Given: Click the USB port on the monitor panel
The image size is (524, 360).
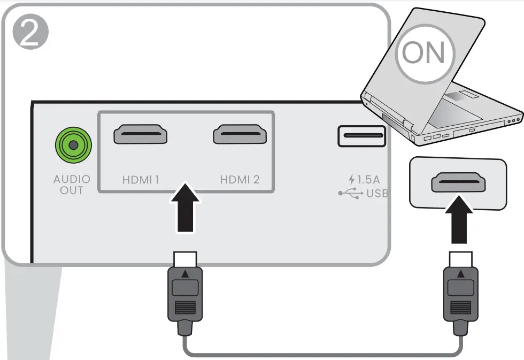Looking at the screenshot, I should coord(361,136).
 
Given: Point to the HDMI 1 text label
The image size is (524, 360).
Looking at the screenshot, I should coord(141,180).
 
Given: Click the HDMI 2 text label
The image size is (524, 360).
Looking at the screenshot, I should coord(240,180).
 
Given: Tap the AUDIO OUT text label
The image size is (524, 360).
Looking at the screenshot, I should coord(72,185).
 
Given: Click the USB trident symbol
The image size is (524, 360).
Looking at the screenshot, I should coord(350,193).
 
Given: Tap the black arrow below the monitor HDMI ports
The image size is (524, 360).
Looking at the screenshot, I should coord(186,208).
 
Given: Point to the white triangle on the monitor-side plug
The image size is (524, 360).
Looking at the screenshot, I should coord(186,273).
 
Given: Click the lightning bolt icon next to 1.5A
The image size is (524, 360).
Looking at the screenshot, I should coord(351,180).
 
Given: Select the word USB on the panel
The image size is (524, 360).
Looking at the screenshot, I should coord(377,193).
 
